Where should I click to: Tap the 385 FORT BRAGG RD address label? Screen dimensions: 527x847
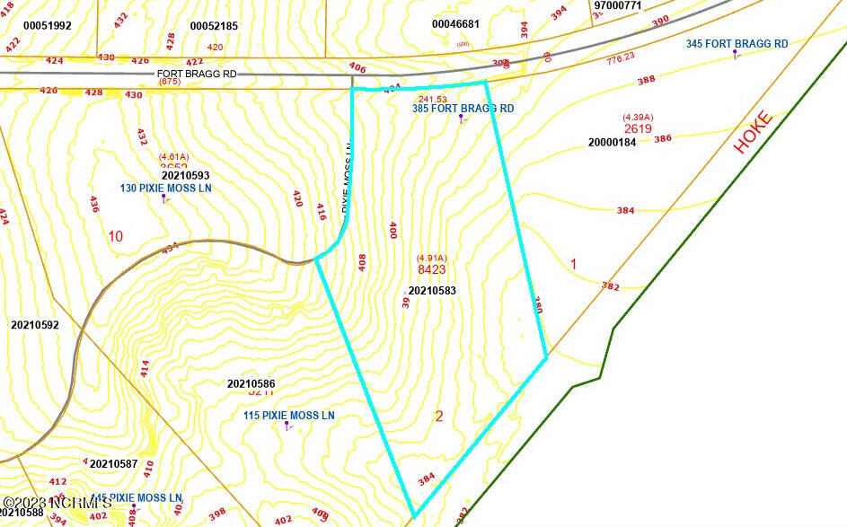[463, 109]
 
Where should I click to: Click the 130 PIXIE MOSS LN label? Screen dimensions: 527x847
[165, 189]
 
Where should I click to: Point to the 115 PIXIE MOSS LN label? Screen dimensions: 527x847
[288, 416]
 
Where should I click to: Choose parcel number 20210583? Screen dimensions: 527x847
[432, 290]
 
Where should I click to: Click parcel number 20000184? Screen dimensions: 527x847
[612, 142]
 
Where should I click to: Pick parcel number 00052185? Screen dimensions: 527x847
[214, 26]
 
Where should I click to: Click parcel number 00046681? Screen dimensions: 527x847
[455, 24]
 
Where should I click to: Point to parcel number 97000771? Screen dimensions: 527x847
[617, 5]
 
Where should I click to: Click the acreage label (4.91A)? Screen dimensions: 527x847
[432, 258]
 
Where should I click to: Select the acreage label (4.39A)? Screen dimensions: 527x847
[637, 117]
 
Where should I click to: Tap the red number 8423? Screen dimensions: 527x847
[432, 268]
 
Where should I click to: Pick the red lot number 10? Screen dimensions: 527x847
[115, 237]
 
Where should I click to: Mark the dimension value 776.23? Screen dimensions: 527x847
[621, 57]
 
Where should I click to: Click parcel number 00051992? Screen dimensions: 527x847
[47, 26]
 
